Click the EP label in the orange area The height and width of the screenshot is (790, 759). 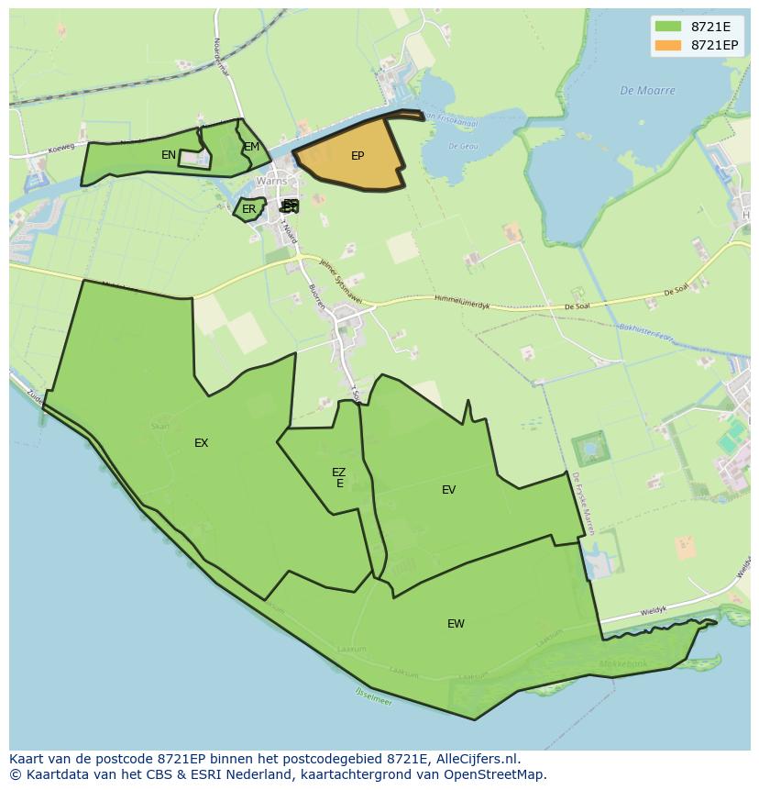pos(357,156)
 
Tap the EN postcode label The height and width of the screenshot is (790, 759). pos(169,155)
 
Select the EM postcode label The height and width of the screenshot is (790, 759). pos(251,147)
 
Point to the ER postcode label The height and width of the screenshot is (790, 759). pos(248,209)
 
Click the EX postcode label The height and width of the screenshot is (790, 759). pos(201,443)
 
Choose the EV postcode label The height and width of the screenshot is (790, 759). pos(448,490)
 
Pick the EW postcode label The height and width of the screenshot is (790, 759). pos(456,624)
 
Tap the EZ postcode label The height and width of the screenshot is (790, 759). pos(338,473)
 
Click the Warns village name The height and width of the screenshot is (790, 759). pos(271,182)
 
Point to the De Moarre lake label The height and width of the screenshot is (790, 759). pos(647,91)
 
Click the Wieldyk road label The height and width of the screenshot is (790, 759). pos(653,609)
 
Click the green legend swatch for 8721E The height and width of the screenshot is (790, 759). pos(668,26)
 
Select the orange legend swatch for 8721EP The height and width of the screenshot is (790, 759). pos(668,44)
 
